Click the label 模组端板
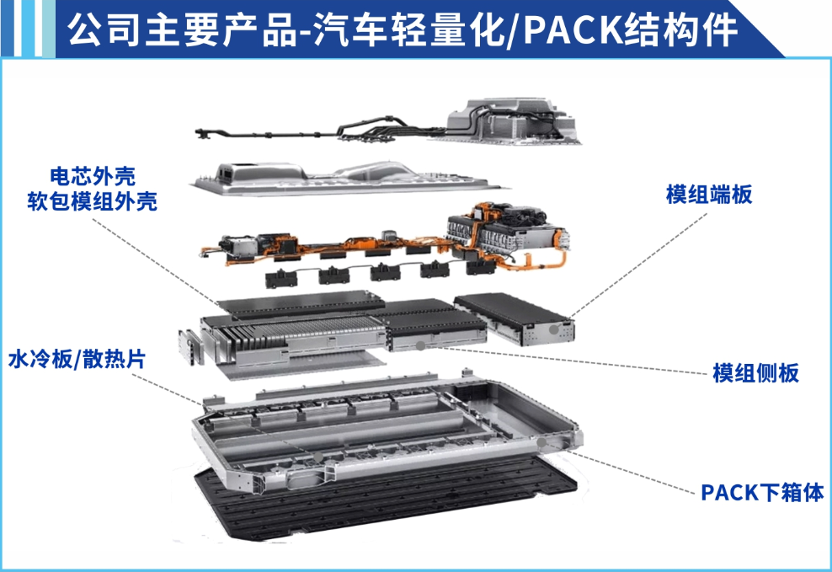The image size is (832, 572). [709, 195]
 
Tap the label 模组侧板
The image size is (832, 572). [755, 372]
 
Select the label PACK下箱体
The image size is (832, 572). [762, 493]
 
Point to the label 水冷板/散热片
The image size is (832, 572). [77, 359]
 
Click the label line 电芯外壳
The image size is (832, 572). [93, 176]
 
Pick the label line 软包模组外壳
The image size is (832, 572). [93, 201]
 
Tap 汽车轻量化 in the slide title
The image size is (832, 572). [408, 29]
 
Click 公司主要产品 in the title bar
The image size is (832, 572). [182, 29]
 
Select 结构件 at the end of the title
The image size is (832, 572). [680, 29]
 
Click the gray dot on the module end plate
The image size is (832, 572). [553, 329]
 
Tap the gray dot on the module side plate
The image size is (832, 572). [420, 346]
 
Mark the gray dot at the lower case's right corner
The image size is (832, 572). [541, 442]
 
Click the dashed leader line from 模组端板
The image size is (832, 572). [638, 265]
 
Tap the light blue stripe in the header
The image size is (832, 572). [48, 28]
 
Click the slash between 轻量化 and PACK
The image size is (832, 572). [514, 31]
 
